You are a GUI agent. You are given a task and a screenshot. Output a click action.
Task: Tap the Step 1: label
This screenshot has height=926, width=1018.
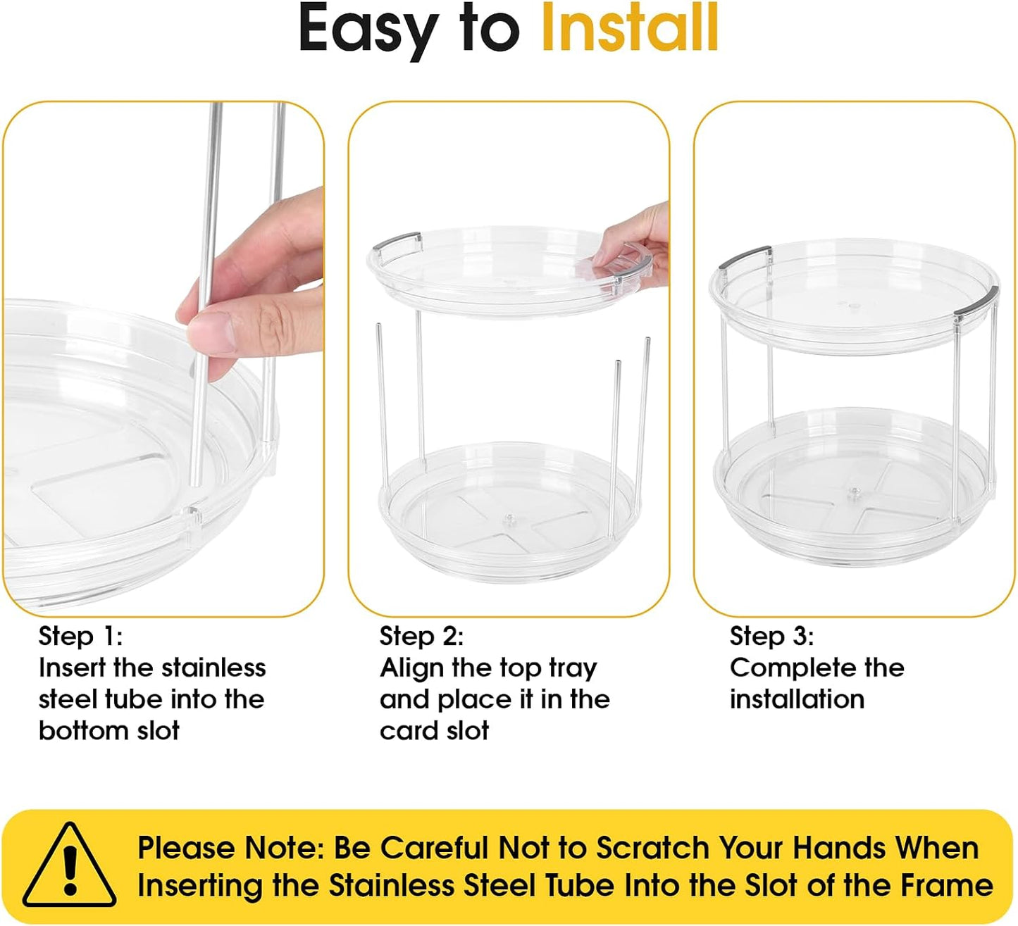(x=80, y=637)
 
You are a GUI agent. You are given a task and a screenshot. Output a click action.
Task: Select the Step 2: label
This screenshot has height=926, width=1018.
(x=421, y=637)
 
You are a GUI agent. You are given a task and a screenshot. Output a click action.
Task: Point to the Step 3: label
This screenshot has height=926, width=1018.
(x=772, y=637)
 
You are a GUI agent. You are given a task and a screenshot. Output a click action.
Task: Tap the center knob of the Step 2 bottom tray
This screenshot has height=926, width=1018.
(x=509, y=518)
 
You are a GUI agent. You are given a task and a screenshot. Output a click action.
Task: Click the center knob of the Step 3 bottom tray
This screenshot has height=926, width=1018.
(x=853, y=491)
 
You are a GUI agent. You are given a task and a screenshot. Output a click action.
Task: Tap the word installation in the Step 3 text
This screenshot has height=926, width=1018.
(x=797, y=700)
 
